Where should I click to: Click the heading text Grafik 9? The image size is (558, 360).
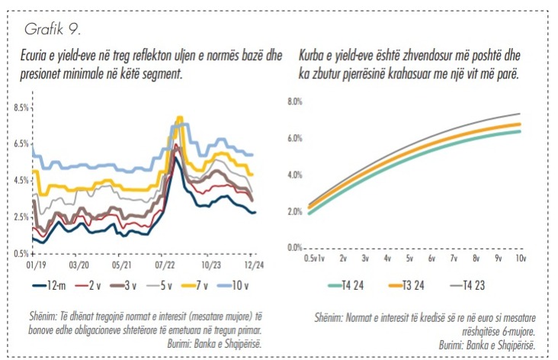tap(53, 30)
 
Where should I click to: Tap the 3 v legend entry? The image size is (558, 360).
tap(129, 288)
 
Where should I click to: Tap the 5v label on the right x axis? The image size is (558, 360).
tap(409, 259)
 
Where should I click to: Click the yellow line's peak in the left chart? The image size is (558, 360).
tap(180, 117)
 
